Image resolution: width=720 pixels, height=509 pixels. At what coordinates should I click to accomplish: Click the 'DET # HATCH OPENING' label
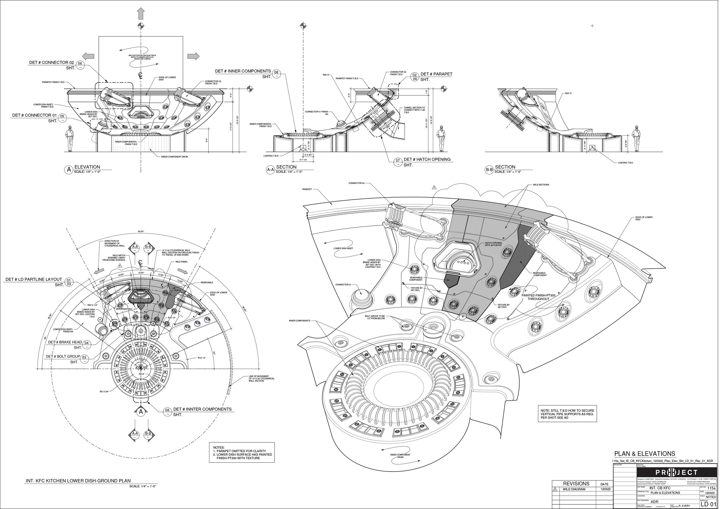tap(427, 159)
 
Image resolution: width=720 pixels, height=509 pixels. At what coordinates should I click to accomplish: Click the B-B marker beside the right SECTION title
tap(489, 170)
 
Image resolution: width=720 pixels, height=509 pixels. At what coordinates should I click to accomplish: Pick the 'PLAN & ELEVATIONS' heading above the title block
tap(645, 454)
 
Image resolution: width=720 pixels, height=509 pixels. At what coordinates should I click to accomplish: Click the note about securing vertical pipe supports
tap(567, 414)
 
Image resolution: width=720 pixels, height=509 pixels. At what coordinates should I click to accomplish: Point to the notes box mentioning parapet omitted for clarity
tap(242, 452)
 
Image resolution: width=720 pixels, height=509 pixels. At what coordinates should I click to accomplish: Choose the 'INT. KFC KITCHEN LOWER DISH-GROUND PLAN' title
tap(78, 480)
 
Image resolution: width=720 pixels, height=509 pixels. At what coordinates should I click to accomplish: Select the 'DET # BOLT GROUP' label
tap(63, 357)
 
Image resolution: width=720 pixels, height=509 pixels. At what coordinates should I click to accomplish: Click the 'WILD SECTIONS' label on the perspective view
tap(541, 185)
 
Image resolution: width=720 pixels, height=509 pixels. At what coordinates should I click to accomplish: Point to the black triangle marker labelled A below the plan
tap(141, 411)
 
